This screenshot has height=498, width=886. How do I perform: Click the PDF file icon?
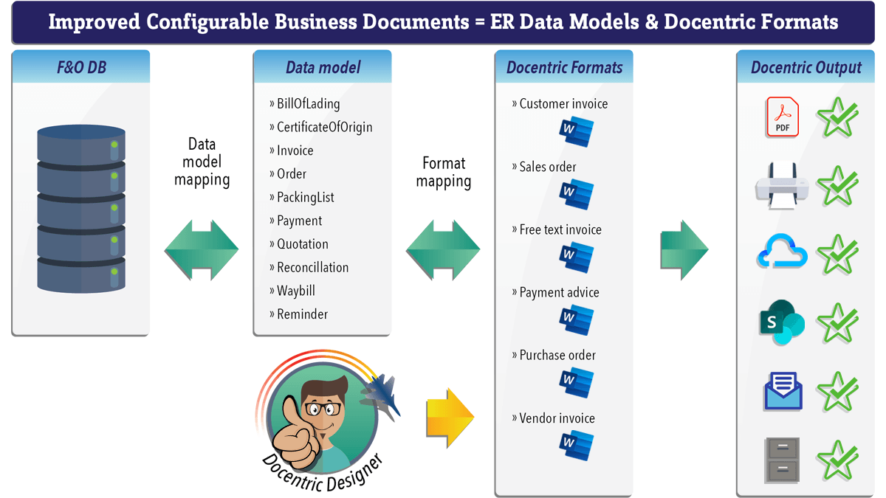782,117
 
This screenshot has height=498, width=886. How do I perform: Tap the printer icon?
782,186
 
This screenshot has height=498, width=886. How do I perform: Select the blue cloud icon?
782,252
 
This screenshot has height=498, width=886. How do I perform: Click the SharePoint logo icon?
782,322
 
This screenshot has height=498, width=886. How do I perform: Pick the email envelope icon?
783,390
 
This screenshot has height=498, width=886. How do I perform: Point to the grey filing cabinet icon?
782,460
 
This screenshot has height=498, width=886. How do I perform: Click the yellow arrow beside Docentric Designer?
450,418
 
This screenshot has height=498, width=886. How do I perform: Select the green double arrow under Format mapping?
443,250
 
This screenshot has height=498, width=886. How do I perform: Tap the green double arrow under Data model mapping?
202,250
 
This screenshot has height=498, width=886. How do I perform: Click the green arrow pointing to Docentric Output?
684,250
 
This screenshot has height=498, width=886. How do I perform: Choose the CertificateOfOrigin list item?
320,127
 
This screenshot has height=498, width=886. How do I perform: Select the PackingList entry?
301,197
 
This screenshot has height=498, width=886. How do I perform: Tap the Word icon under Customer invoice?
577,131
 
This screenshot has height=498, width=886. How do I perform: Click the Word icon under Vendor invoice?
577,446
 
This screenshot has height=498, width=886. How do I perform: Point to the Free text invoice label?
557,229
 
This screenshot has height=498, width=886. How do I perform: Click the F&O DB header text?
81,67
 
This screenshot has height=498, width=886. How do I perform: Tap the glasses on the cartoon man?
323,409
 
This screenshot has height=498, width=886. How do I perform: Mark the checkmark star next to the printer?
838,186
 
